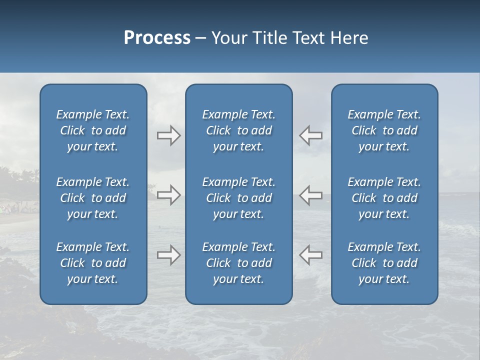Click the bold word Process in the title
point(157,38)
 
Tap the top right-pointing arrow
point(168,135)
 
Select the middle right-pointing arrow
point(168,195)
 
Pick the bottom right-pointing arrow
point(168,255)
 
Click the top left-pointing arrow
point(310,135)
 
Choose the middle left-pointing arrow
point(310,195)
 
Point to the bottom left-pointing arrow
point(310,255)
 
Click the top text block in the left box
point(93,130)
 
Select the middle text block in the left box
point(93,198)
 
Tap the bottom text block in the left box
point(93,263)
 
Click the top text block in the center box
point(238,130)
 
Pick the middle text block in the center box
point(238,198)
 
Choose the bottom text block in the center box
point(238,263)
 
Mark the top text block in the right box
point(384,130)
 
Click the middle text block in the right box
point(384,198)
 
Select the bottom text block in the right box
point(384,263)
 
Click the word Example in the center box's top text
point(224,115)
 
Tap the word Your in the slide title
point(228,38)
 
